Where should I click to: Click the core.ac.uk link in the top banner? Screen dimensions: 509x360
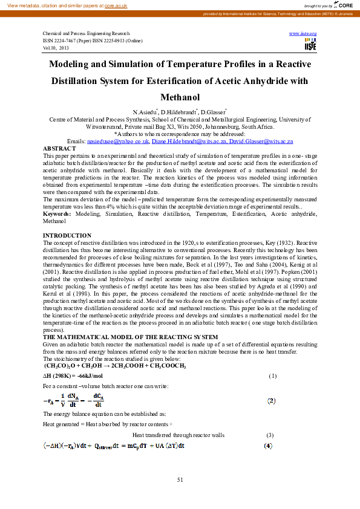116,5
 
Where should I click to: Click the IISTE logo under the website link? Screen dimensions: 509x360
310,44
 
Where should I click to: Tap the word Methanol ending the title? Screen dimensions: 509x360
180,97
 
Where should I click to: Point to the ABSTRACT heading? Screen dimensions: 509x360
59,148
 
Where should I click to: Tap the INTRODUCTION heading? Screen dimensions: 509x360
67,235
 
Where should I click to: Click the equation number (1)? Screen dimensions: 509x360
272,376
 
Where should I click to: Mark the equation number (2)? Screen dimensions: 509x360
272,400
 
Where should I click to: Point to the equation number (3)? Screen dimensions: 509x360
270,435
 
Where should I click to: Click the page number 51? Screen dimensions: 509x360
180,479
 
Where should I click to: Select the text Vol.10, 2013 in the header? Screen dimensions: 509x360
56,47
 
